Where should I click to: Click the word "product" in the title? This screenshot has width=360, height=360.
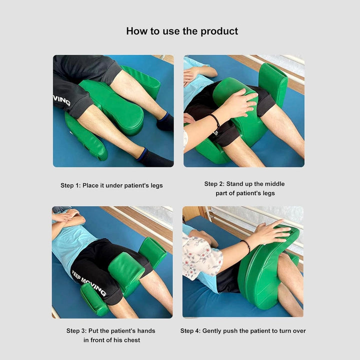(x=219, y=31)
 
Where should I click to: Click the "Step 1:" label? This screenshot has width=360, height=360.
(x=70, y=185)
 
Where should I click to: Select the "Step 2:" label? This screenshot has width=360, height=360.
(x=214, y=184)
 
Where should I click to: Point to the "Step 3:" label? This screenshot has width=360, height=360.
(x=76, y=331)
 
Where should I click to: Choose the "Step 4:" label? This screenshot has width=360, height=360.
(x=190, y=331)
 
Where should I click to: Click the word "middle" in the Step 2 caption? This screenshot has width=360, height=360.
(x=274, y=184)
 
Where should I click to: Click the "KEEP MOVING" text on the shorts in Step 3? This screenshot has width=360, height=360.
(x=88, y=283)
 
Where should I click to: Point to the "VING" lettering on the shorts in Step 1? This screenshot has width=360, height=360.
(x=61, y=100)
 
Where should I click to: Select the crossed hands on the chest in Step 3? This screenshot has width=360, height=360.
(x=66, y=216)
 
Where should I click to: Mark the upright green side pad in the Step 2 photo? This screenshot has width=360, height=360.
(x=273, y=84)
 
